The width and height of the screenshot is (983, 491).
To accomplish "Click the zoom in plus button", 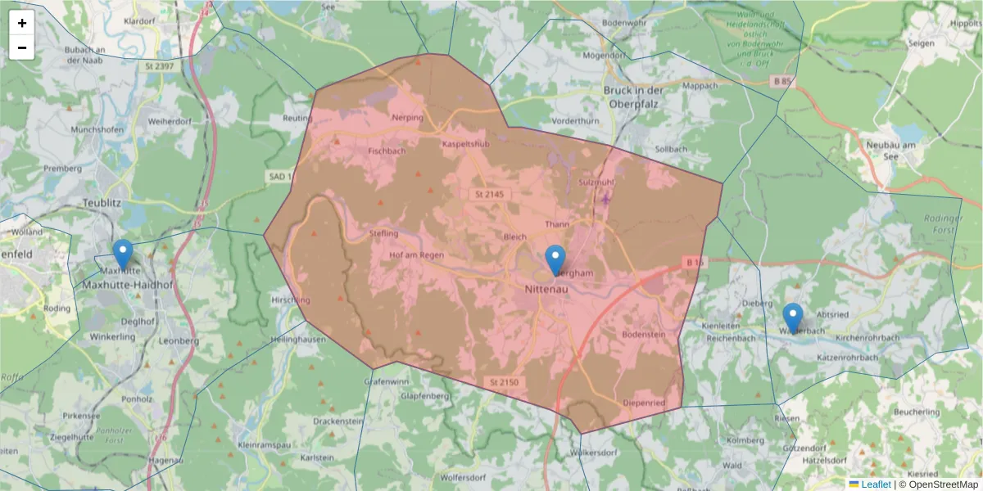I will pos(22,23).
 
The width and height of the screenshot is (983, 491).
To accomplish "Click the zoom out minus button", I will pos(22,47).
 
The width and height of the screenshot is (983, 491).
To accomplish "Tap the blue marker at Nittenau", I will pos(555,259).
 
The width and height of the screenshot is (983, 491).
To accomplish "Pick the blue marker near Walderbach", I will pos(792,318).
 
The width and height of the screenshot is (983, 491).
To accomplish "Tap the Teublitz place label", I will pos(102,201).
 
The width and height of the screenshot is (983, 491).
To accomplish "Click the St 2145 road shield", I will pos(490,195).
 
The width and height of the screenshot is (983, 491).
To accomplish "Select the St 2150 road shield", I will pos(505,382).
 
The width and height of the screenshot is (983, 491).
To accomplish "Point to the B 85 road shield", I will pos(783,81).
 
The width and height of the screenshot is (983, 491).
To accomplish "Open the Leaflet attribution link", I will pos(875,484).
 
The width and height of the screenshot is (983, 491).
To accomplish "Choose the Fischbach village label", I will pos(387,151).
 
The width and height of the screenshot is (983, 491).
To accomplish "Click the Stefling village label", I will pos(384,233).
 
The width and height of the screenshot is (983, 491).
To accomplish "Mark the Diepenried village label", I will pos(644,403).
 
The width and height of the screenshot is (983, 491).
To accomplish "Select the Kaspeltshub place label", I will pos(465,144).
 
